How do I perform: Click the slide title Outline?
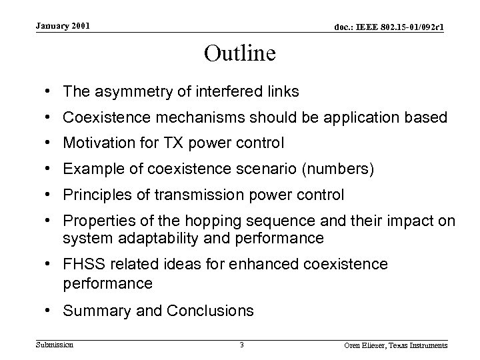(239, 53)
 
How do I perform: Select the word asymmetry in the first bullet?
(118, 91)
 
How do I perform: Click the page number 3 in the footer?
(241, 345)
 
